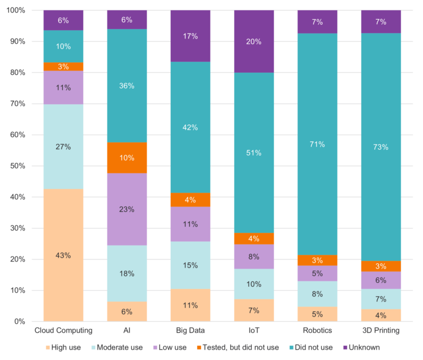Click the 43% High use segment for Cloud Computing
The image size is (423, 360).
63,255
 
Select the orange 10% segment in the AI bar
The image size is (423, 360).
127,158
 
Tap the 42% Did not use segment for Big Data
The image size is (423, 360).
191,127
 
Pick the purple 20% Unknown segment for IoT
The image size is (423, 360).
254,41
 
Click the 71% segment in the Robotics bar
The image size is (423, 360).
317,144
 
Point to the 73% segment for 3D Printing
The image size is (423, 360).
381,147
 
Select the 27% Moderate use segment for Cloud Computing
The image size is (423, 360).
63,146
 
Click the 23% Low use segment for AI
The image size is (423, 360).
127,209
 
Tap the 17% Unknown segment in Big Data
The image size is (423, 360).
191,36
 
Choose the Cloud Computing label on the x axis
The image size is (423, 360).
63,330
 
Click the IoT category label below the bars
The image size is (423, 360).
254,330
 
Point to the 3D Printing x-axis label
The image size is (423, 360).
381,330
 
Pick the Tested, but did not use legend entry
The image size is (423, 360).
253,347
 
